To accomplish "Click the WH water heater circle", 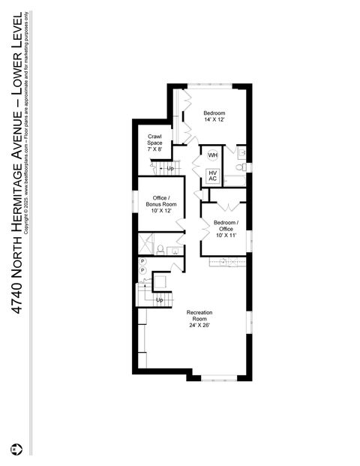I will pos(212,155).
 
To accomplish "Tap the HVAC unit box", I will pos(212,176).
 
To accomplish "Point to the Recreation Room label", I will pos(199,316).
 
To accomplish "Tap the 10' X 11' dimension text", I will pos(226,235).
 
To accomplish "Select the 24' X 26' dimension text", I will pos(199,326).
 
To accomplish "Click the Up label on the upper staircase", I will pos(170,168).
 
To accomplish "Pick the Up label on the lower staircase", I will pos(159,300).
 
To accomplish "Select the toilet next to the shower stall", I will pos(160,248).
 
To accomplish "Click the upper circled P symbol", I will pos(142,261).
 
